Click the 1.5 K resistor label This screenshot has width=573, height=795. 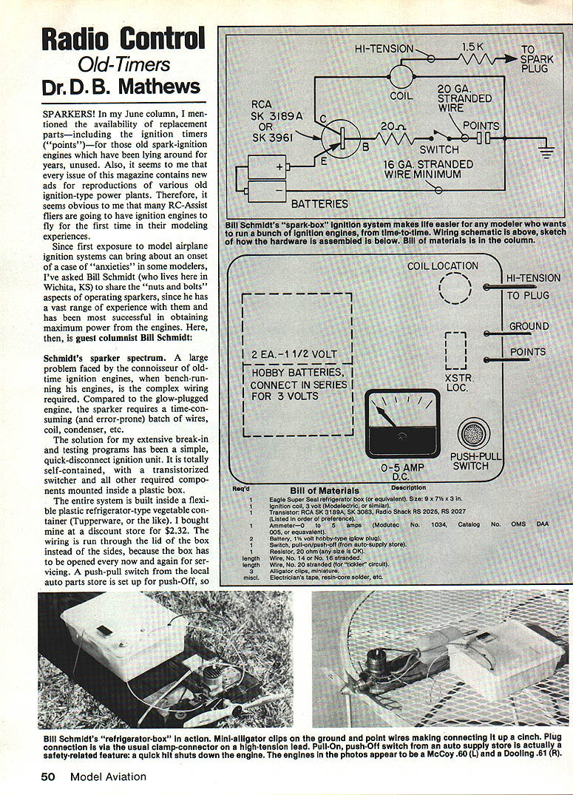click(x=472, y=46)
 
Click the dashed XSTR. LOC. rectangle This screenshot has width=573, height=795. click(x=455, y=351)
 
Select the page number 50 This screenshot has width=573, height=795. click(x=48, y=776)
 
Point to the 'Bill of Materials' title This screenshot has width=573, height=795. click(x=325, y=490)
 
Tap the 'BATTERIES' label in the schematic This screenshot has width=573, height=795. click(x=319, y=202)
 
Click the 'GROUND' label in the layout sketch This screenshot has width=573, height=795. click(x=529, y=326)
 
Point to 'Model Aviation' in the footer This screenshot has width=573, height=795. click(x=108, y=776)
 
